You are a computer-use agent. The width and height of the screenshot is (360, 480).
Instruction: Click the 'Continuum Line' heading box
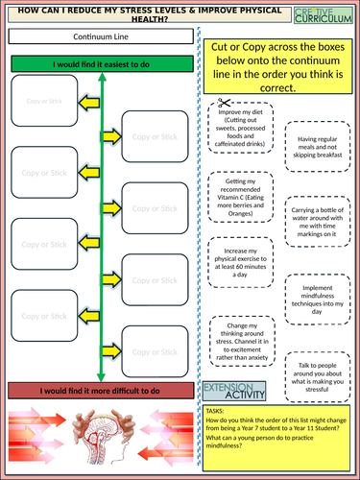tap(103, 36)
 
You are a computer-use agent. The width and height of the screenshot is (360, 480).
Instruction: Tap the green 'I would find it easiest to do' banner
tap(103, 64)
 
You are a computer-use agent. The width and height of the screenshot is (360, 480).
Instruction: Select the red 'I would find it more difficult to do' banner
tap(103, 390)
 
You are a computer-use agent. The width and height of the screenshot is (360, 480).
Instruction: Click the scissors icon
tap(223, 102)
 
